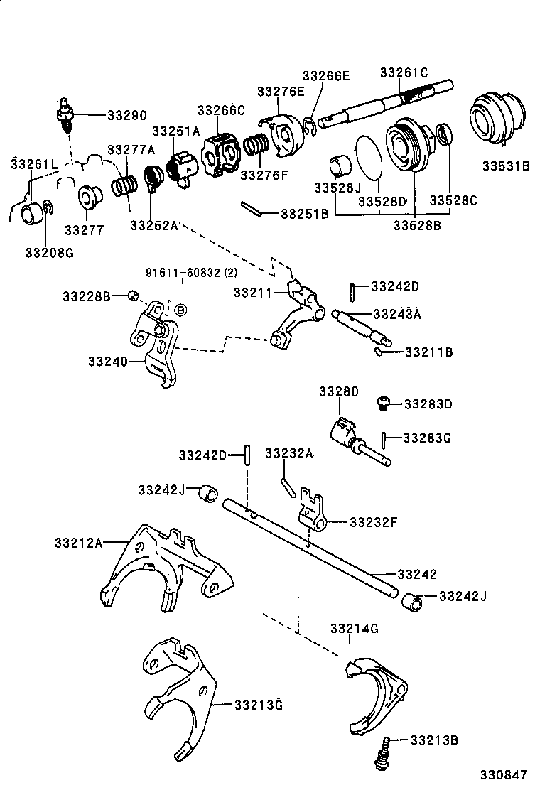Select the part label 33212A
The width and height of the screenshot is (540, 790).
click(x=78, y=543)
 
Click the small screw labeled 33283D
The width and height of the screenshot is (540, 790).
click(x=382, y=404)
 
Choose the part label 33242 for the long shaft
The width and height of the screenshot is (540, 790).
click(x=417, y=574)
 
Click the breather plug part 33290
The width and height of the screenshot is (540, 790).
click(x=63, y=114)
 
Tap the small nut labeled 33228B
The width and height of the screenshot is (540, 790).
click(x=132, y=296)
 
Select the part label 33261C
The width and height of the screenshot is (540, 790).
click(x=404, y=72)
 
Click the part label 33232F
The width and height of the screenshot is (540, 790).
click(x=373, y=522)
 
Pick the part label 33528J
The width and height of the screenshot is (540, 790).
click(x=338, y=187)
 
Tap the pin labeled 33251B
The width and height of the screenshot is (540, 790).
click(x=252, y=210)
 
